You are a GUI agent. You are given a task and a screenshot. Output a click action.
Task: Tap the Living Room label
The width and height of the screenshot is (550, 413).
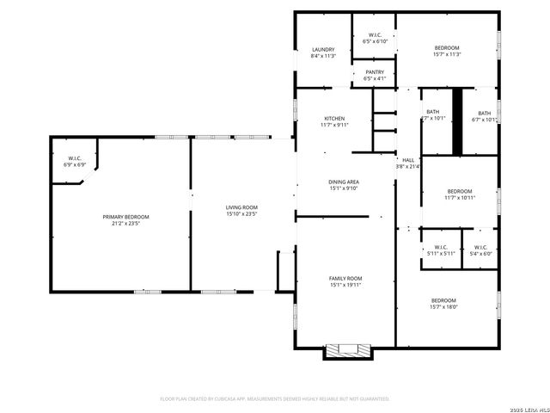(x=241, y=207)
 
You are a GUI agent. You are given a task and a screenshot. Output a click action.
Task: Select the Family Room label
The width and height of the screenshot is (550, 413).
(x=345, y=279)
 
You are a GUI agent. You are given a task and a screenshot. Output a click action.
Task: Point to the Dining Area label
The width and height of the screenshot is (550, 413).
(x=344, y=182)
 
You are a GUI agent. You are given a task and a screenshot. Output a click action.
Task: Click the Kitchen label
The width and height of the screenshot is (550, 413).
(x=334, y=118)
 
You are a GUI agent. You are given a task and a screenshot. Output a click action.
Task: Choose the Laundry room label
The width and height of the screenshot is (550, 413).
(x=323, y=50)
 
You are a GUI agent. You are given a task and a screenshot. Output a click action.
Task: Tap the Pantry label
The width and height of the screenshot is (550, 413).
(x=375, y=72)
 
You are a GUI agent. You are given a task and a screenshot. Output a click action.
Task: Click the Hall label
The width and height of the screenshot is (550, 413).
(x=408, y=160)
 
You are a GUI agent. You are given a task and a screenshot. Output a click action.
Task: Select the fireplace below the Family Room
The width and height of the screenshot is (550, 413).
(x=347, y=351)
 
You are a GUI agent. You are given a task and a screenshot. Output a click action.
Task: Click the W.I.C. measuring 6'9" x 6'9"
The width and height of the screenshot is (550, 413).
(x=74, y=158)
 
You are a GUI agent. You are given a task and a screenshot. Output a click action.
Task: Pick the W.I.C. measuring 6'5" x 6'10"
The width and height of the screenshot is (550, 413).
(x=375, y=35)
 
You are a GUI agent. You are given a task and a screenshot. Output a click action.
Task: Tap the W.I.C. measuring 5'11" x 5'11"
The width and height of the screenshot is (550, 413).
(x=440, y=248)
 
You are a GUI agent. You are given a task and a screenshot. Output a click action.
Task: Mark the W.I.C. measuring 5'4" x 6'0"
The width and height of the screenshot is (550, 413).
(x=480, y=248)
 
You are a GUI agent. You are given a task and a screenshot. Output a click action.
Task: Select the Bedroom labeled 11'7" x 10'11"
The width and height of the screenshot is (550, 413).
(x=460, y=191)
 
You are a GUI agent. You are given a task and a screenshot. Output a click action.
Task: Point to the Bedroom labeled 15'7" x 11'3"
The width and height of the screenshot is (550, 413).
(x=447, y=47)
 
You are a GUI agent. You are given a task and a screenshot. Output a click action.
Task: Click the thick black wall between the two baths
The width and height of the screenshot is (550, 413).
(x=458, y=121)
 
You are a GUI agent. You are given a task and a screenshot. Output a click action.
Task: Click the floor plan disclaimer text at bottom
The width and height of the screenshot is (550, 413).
(x=275, y=399)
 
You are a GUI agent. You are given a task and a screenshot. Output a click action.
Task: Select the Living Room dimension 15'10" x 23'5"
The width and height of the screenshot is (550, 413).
(x=241, y=214)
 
